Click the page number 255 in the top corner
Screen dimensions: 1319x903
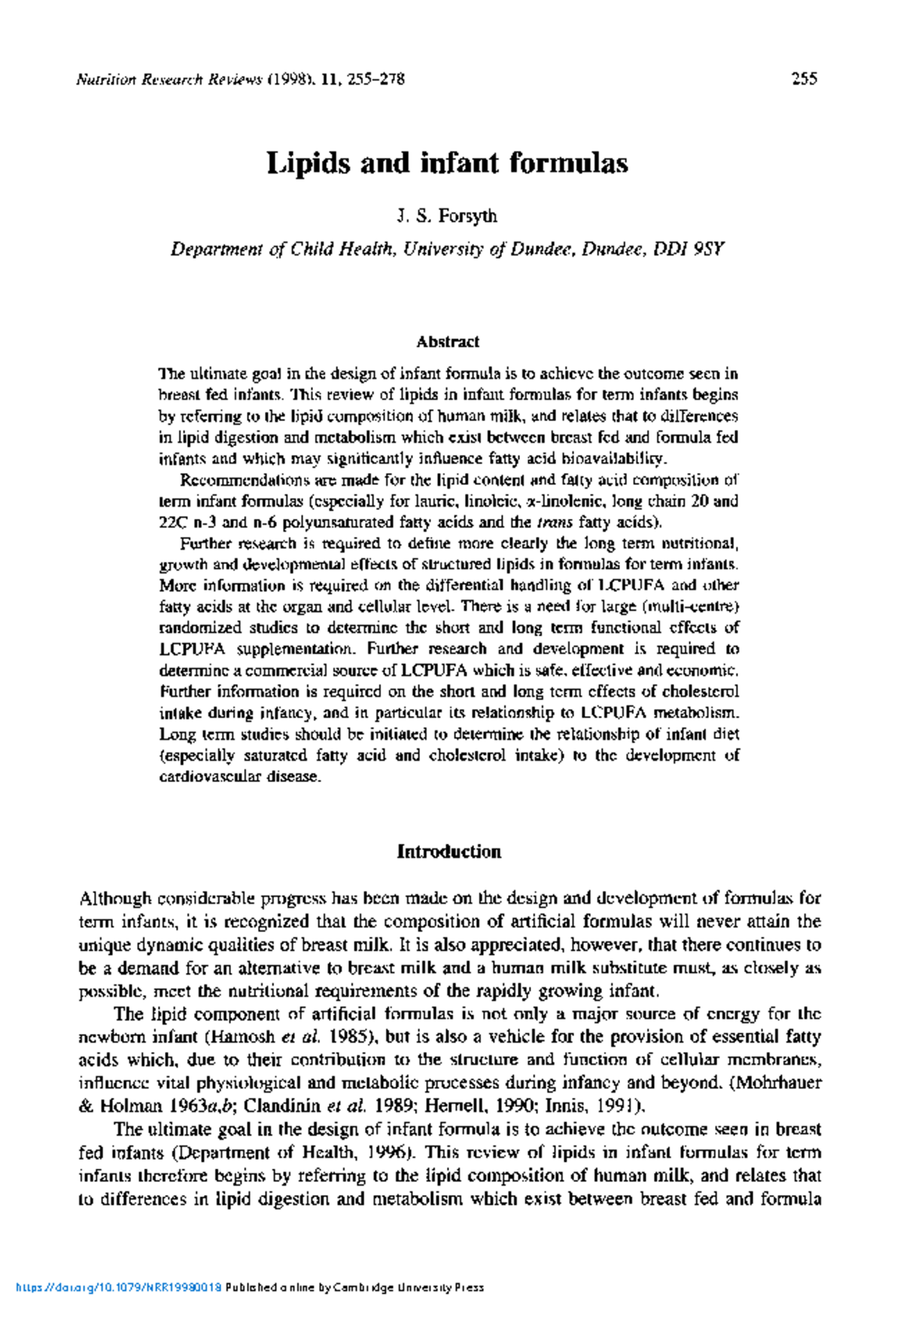coord(804,79)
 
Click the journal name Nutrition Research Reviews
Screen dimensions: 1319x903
coord(169,79)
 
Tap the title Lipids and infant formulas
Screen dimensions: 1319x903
coord(447,163)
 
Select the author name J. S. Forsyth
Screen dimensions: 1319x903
coord(446,217)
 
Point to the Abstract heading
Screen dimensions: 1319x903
coord(448,341)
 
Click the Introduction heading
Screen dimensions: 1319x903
coord(448,852)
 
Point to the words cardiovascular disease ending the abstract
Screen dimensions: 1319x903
coord(239,776)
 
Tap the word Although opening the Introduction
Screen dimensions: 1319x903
coord(115,899)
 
